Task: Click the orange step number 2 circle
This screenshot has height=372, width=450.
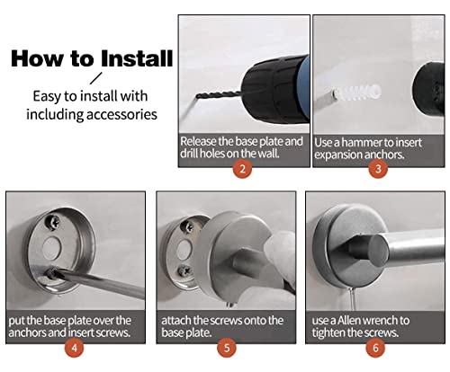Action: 242,169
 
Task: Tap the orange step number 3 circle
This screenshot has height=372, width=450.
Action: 378,169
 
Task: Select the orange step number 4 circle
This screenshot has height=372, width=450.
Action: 74,348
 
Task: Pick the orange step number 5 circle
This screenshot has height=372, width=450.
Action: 227,348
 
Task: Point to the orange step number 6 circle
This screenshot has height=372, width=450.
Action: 375,348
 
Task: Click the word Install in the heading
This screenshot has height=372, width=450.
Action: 137,58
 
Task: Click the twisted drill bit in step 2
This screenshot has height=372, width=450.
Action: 219,95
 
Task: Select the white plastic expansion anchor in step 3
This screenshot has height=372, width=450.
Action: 357,93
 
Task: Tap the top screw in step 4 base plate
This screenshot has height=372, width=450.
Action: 52,222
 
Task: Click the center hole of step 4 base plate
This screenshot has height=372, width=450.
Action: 51,247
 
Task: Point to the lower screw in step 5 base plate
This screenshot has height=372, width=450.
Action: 184,271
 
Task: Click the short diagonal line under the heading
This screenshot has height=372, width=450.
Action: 96,78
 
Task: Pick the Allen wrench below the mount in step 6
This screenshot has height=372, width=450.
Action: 353,298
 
